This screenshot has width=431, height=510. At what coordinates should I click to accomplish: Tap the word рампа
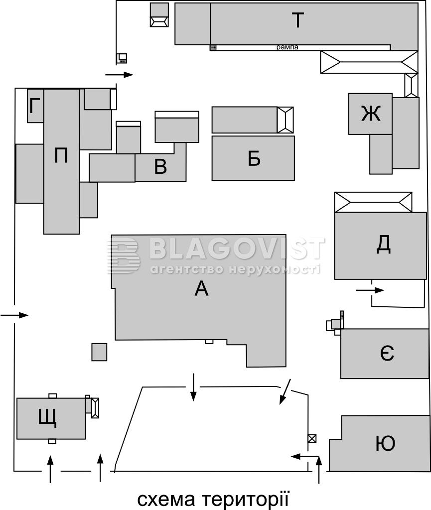[287, 47]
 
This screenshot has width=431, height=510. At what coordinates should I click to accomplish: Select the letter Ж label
[371, 114]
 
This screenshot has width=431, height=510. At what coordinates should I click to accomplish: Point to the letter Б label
[254, 158]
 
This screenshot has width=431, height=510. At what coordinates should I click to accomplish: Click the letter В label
[160, 166]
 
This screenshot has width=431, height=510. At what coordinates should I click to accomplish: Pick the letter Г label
[34, 106]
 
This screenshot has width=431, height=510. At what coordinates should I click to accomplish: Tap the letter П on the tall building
[61, 155]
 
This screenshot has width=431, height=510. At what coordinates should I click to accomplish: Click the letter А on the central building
[201, 288]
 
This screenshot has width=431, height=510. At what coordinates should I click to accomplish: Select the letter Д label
[384, 244]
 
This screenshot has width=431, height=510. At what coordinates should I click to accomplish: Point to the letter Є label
[387, 353]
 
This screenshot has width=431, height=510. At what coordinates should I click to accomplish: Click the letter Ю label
[386, 443]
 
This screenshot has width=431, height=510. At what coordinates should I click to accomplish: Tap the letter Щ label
[47, 418]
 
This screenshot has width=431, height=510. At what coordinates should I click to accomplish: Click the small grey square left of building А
[99, 352]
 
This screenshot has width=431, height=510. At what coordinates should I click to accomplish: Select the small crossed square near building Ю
[312, 439]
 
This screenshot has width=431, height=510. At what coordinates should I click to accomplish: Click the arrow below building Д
[370, 290]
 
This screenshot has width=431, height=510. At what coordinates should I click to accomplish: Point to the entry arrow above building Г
[120, 75]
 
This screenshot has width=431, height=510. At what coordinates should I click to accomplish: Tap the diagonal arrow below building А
[286, 391]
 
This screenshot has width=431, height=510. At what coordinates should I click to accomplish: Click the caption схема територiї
[213, 499]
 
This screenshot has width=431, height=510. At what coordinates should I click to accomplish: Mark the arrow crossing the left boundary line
[14, 315]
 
